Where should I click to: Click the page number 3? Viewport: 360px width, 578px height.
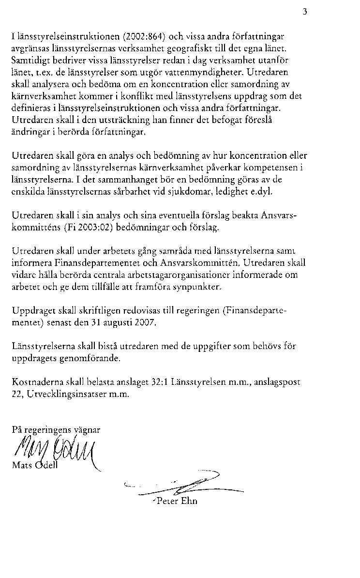pos(305,12)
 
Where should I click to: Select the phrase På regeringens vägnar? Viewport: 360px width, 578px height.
pos(56,429)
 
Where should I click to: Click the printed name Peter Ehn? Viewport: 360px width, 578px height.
pos(177,501)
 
